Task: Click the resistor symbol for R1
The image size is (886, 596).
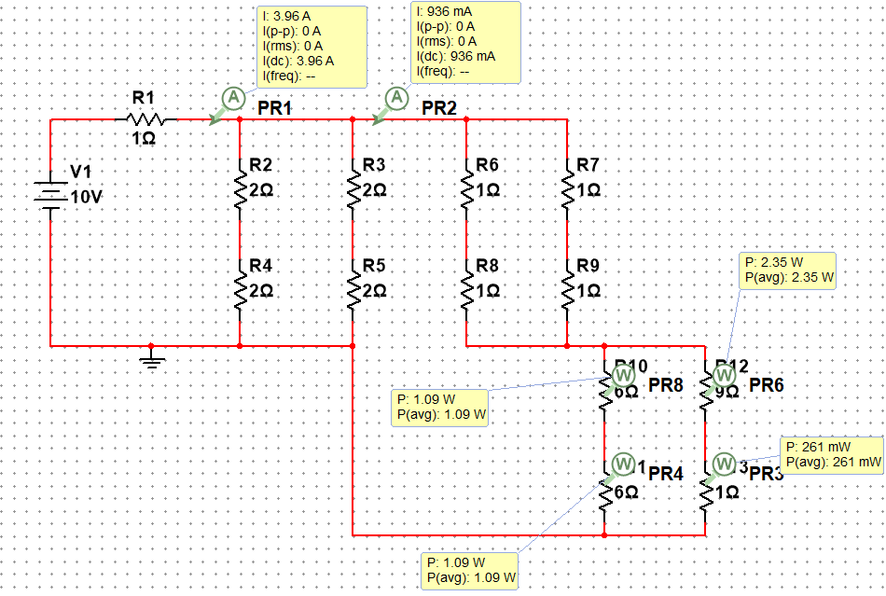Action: point(145,119)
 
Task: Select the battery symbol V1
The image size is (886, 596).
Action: point(51,192)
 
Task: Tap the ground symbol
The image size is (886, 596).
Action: point(151,360)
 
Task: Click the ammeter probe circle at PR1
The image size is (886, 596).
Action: point(233,97)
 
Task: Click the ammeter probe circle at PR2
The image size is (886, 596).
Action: point(398,96)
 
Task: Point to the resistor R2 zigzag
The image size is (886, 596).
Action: point(241,186)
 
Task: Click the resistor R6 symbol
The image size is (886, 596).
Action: point(465,186)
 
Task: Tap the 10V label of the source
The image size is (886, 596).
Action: point(87,198)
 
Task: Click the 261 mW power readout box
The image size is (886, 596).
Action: point(832,454)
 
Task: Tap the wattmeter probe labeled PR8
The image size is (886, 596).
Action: point(624,375)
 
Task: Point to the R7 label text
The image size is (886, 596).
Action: point(588,165)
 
